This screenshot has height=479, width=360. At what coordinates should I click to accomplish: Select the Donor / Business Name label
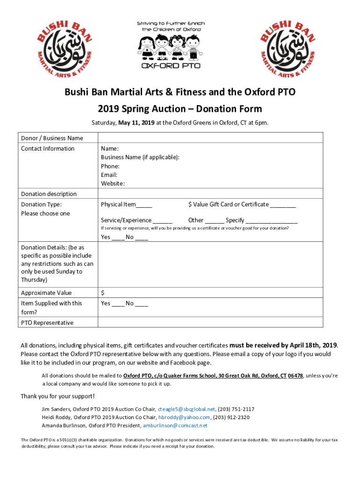click(52, 138)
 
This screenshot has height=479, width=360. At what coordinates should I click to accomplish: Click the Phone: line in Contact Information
click(110, 166)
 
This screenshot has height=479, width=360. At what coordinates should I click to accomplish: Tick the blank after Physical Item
click(144, 205)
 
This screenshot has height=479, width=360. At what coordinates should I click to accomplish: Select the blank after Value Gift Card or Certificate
click(283, 205)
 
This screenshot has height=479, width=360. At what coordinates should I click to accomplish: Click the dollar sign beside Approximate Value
click(103, 293)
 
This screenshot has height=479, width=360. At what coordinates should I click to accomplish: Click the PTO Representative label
click(47, 323)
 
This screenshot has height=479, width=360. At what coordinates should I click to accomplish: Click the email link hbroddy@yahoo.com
click(184, 417)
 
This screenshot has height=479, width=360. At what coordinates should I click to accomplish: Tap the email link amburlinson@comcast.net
click(175, 426)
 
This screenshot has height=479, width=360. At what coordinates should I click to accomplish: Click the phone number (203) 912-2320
click(231, 417)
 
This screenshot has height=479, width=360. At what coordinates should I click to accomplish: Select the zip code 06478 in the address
click(295, 376)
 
